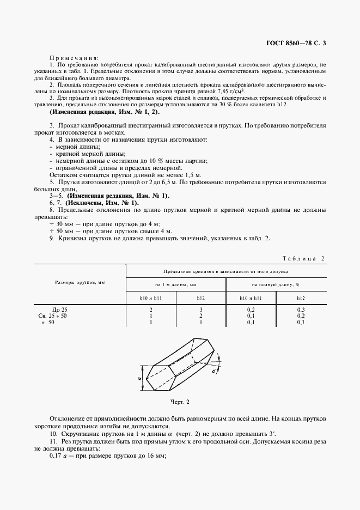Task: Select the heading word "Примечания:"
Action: tap(74, 57)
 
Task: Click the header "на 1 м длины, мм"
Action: tap(176, 284)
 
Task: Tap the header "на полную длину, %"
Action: tap(276, 284)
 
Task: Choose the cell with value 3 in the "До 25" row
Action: tap(201, 309)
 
